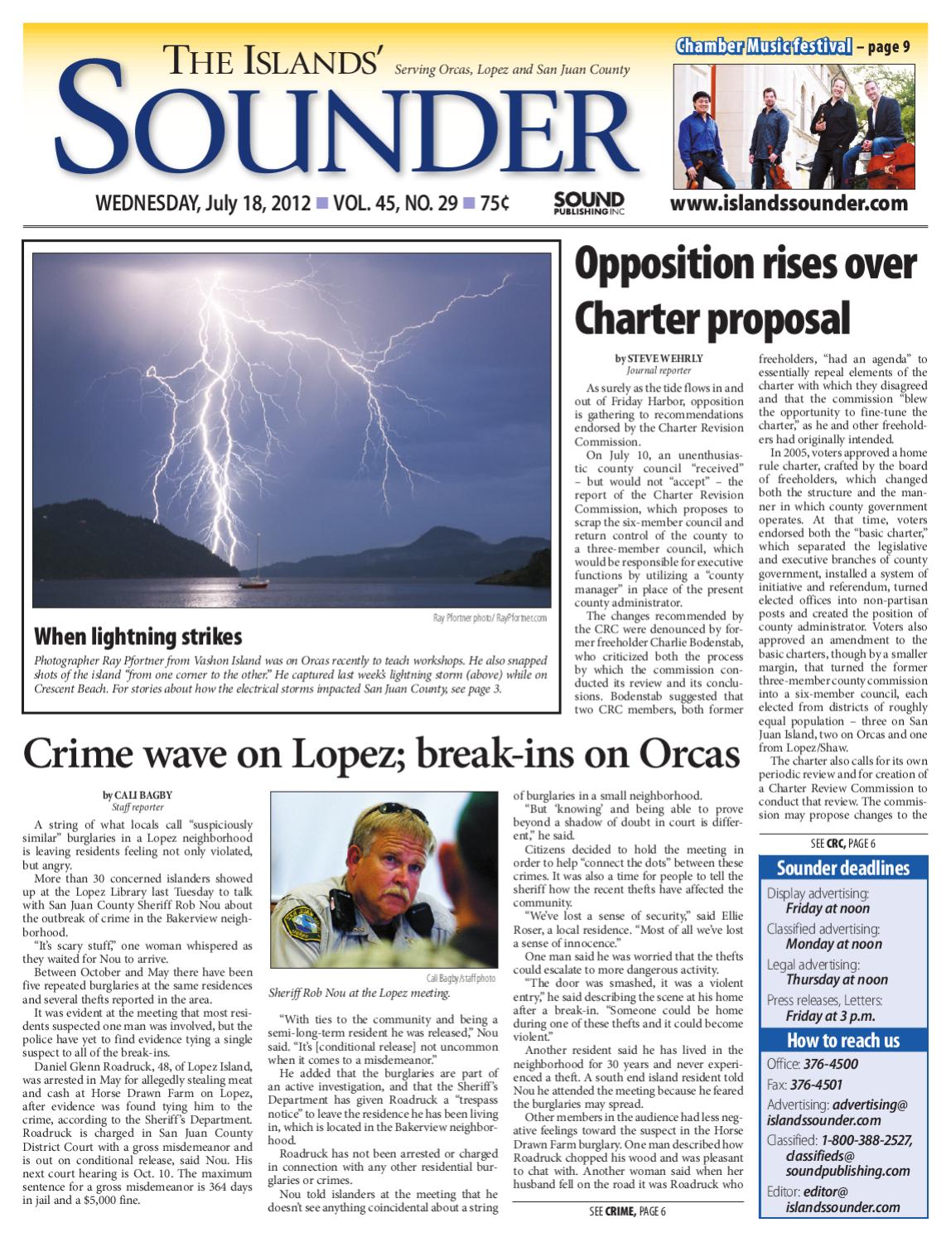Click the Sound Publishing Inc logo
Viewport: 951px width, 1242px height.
588,203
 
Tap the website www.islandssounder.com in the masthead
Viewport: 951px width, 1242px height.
789,204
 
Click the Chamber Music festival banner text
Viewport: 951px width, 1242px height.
763,46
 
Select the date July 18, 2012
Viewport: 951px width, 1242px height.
254,203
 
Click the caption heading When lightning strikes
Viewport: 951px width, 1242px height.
138,636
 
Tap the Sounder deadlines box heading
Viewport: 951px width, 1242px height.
842,868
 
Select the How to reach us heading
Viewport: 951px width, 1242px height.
842,1040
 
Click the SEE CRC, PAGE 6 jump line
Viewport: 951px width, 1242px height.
842,843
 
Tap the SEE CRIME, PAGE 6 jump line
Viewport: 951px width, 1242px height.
621,1211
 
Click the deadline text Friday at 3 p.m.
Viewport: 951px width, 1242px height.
830,1016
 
